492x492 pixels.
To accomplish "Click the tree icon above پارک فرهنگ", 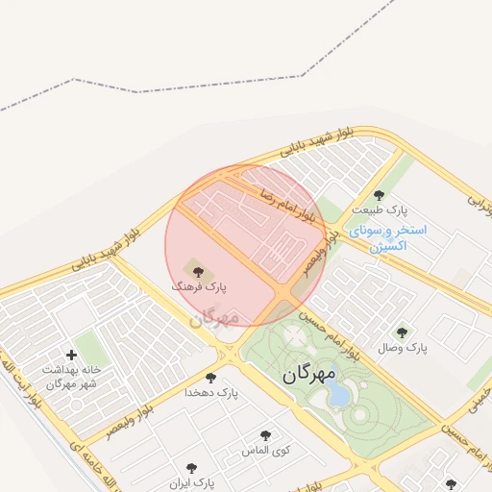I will [x=198, y=271].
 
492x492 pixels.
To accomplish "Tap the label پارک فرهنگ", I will [x=198, y=286].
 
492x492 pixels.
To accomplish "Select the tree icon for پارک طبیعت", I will [x=379, y=195].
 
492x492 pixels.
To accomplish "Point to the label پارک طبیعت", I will [x=379, y=209].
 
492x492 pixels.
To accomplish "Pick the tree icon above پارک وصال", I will [x=402, y=332].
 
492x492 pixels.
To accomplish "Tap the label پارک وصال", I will [x=402, y=347].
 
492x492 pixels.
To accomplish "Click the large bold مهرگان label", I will [x=309, y=374].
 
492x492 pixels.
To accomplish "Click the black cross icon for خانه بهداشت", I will [x=71, y=355].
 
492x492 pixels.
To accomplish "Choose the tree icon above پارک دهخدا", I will [x=210, y=378].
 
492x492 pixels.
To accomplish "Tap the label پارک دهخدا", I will [x=210, y=393].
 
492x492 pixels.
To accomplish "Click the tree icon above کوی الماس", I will [x=266, y=435].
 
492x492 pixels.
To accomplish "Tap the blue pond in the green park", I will [x=339, y=395].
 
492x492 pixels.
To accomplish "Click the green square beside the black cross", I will [x=90, y=346].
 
